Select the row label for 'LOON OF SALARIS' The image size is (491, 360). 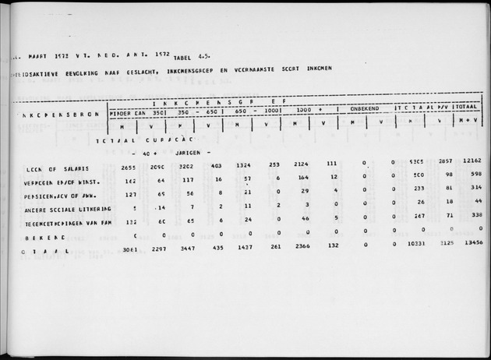(x=55, y=168)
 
